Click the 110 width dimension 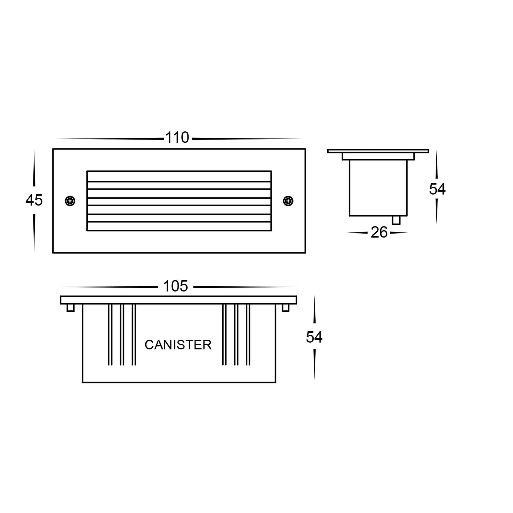(178, 138)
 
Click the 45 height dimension (34, 201)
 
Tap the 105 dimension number (176, 286)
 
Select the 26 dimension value (379, 233)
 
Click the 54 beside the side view (437, 190)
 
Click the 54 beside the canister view (314, 337)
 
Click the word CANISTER (178, 345)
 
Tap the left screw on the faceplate (71, 201)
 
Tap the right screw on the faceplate (288, 201)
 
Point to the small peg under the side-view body (396, 220)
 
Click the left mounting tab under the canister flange (71, 308)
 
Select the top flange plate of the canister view (178, 300)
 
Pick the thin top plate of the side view (378, 151)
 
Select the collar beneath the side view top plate (378, 156)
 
